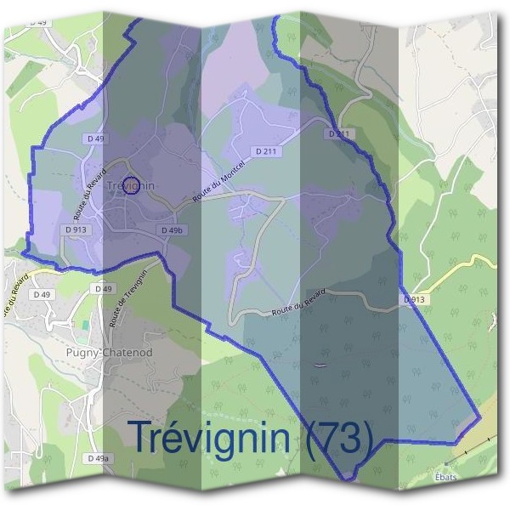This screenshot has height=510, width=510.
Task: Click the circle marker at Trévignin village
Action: [130, 185]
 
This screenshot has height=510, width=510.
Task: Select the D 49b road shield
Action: [173, 230]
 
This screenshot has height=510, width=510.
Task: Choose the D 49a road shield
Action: [98, 458]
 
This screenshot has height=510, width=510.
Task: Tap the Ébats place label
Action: [445, 478]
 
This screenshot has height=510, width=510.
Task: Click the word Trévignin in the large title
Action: [209, 439]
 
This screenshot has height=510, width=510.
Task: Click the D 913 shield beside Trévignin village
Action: [75, 229]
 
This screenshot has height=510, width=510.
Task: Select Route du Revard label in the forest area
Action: [299, 303]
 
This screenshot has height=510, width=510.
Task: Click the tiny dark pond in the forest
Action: [319, 365]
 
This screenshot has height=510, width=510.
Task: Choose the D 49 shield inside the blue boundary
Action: [94, 138]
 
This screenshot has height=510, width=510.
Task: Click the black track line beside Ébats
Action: [463, 455]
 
